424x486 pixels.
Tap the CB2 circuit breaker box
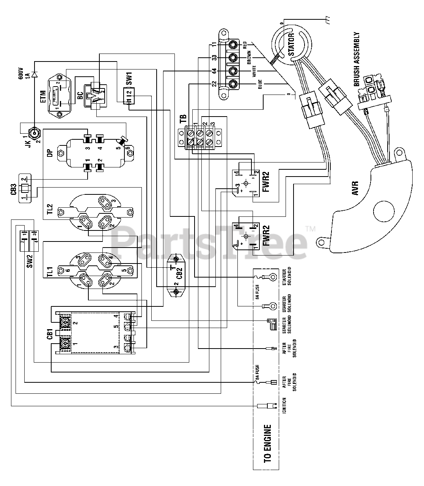(176, 275)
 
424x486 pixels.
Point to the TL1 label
(50, 273)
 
